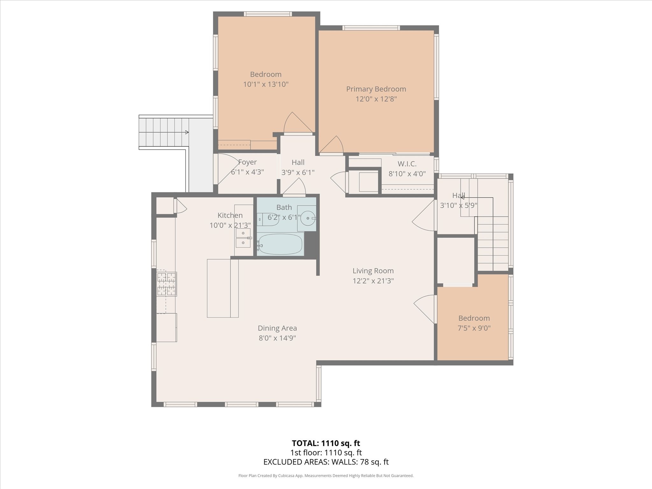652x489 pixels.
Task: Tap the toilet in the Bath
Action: (268, 219)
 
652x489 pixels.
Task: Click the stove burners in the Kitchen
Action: (166, 284)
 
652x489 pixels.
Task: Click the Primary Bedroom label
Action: (376, 89)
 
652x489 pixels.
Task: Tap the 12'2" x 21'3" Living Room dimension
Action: (373, 281)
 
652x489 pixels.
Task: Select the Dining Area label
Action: (277, 328)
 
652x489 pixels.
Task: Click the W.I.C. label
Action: (407, 164)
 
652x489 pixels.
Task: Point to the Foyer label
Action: (247, 162)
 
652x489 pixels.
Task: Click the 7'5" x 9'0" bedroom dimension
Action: (474, 328)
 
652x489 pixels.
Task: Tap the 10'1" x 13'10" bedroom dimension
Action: (266, 84)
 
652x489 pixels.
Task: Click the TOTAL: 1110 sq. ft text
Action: (326, 443)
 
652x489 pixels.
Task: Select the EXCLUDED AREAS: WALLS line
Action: (326, 462)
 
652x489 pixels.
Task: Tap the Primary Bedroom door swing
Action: (331, 145)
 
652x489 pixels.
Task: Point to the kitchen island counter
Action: (223, 288)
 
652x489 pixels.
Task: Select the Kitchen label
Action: (230, 215)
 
